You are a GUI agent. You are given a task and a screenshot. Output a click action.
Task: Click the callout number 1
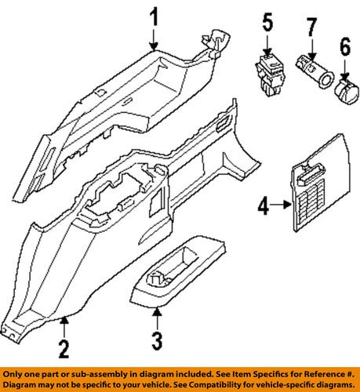[155, 17]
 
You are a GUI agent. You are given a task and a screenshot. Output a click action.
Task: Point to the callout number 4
[263, 207]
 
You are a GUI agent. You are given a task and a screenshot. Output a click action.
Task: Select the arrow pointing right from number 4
[280, 207]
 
